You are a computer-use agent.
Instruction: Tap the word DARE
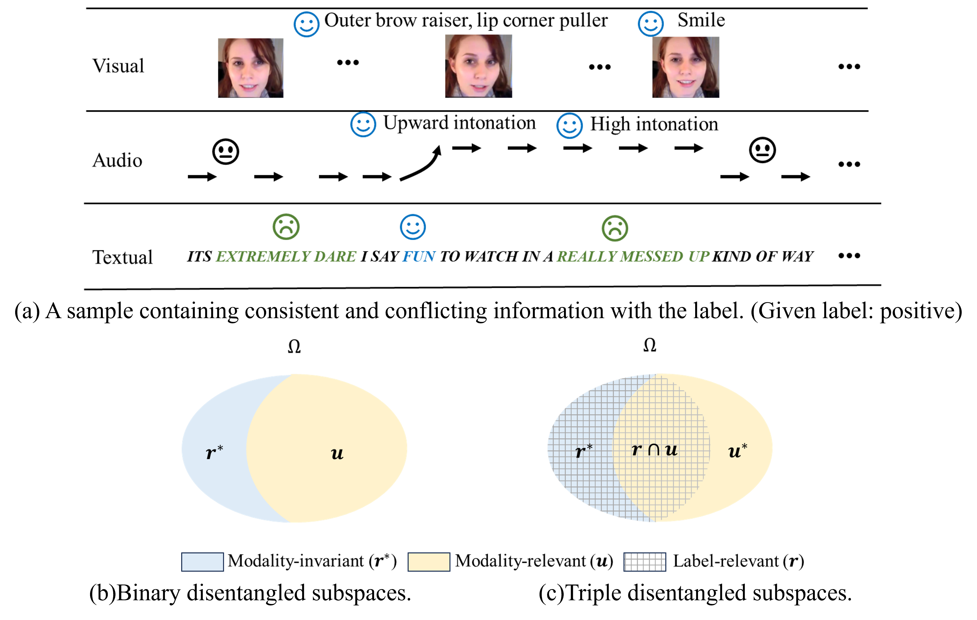335,257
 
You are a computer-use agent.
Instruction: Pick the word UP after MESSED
699,257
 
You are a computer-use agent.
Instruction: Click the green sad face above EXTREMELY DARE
286,227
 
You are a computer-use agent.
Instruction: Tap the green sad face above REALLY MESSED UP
615,228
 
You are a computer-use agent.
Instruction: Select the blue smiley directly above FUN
413,227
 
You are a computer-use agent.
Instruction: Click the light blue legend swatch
202,562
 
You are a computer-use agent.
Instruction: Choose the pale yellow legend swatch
429,562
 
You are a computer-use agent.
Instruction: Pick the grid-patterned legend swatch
644,562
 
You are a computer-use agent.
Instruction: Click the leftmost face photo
251,68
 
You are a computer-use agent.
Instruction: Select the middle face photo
478,66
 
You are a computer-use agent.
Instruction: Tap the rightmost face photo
686,67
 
